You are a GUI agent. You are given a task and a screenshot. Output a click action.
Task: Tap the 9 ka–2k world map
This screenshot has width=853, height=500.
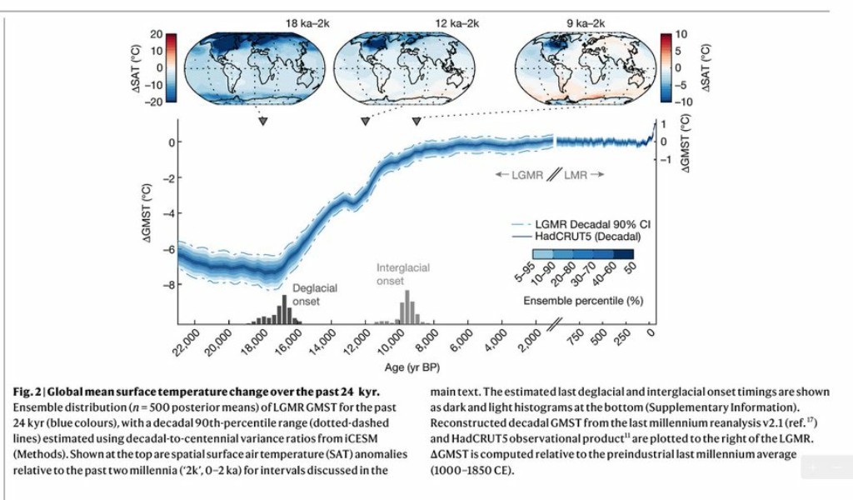pyautogui.click(x=583, y=67)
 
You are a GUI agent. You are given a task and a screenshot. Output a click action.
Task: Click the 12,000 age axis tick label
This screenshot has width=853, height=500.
pyautogui.click(x=357, y=343)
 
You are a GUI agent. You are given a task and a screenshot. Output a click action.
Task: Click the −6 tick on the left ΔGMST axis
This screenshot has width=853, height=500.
pyautogui.click(x=171, y=248)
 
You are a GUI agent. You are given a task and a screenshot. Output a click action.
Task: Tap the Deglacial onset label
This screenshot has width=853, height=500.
pyautogui.click(x=314, y=294)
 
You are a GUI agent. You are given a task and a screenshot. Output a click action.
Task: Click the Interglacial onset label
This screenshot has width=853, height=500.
pyautogui.click(x=402, y=274)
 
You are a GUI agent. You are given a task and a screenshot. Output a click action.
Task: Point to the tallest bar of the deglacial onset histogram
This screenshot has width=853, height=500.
pyautogui.click(x=284, y=309)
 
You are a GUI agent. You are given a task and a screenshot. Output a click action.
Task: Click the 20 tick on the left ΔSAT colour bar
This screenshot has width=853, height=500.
pyautogui.click(x=156, y=34)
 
